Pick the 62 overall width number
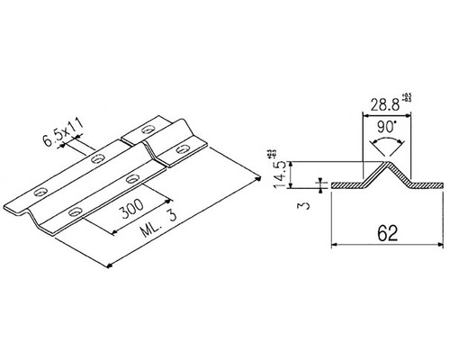pyautogui.click(x=389, y=232)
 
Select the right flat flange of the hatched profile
pyautogui.click(x=427, y=186)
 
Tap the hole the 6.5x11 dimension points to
pyautogui.click(x=97, y=159)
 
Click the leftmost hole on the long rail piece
pyautogui.click(x=39, y=193)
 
